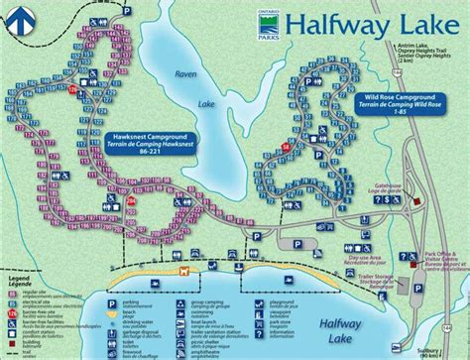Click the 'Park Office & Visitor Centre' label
coord(432,239)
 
